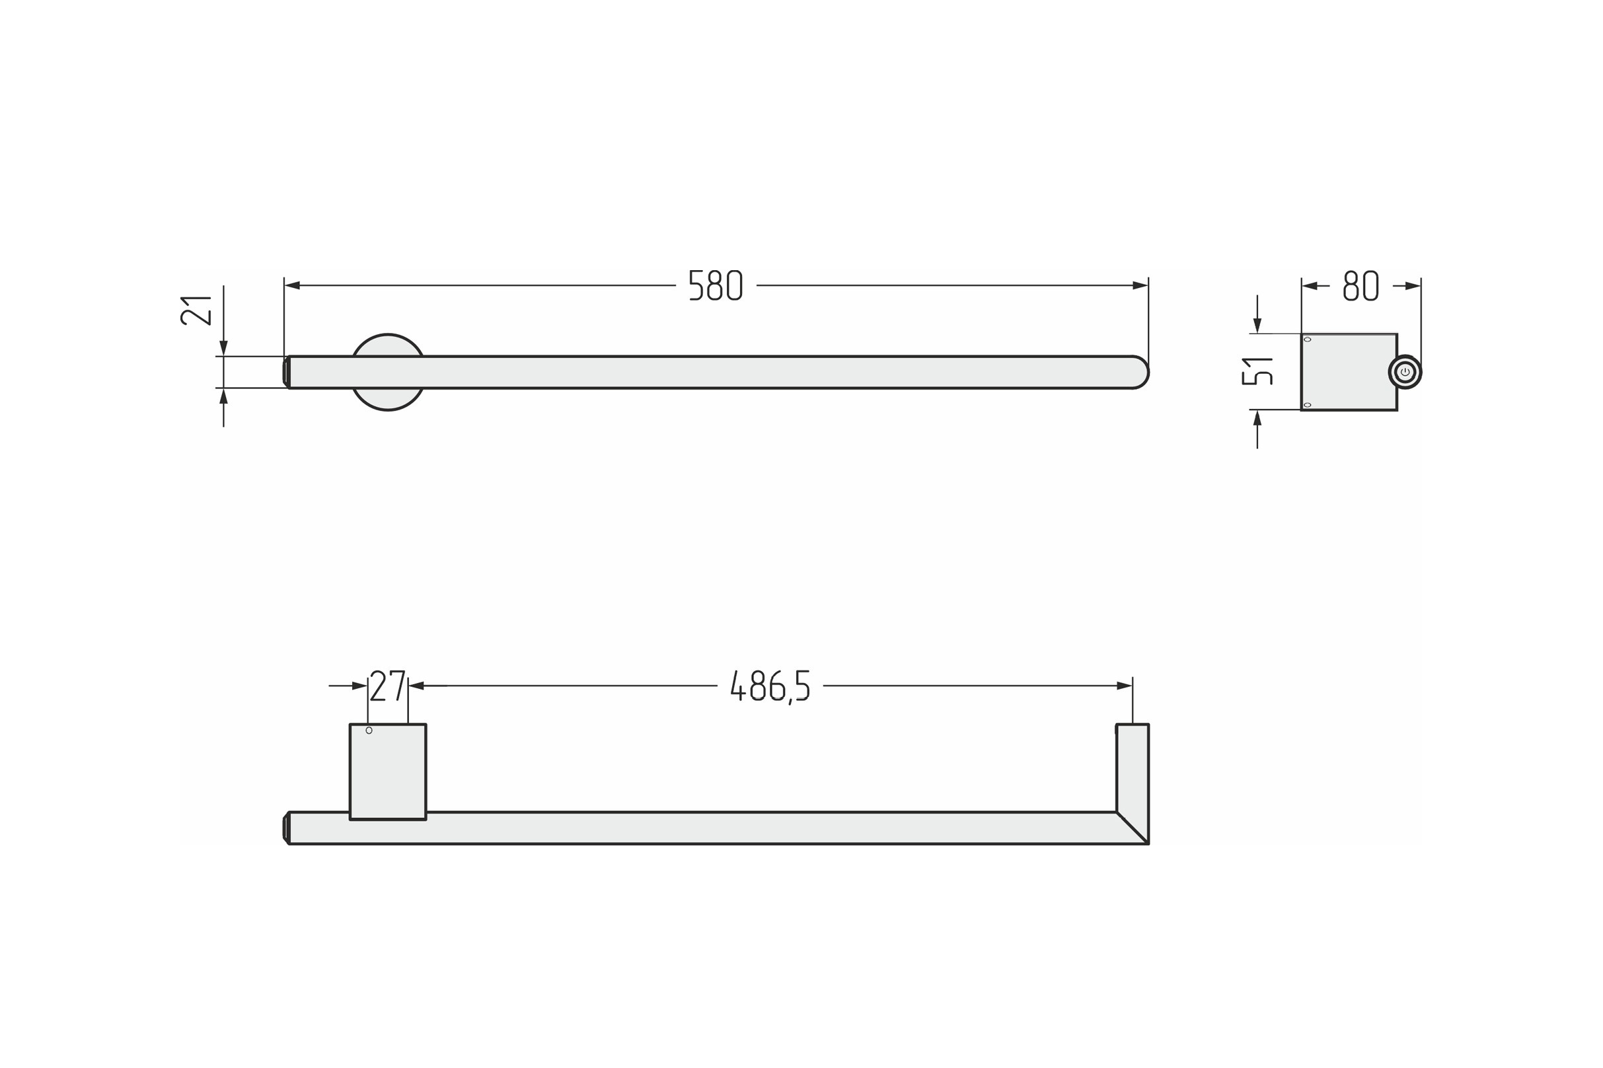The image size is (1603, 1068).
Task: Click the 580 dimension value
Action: [x=715, y=285]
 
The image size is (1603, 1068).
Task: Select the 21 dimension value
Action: [x=196, y=310]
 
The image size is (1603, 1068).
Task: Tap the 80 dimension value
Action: [x=1361, y=285]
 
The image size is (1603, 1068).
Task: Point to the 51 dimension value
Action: [x=1256, y=371]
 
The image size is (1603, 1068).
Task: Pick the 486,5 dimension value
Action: [x=770, y=687]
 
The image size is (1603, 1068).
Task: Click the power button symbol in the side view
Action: [x=1405, y=372]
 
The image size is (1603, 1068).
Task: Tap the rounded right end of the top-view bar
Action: [x=1140, y=372]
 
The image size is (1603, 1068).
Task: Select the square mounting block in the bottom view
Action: [x=388, y=771]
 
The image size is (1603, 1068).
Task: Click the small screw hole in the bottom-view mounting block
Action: [x=369, y=731]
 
